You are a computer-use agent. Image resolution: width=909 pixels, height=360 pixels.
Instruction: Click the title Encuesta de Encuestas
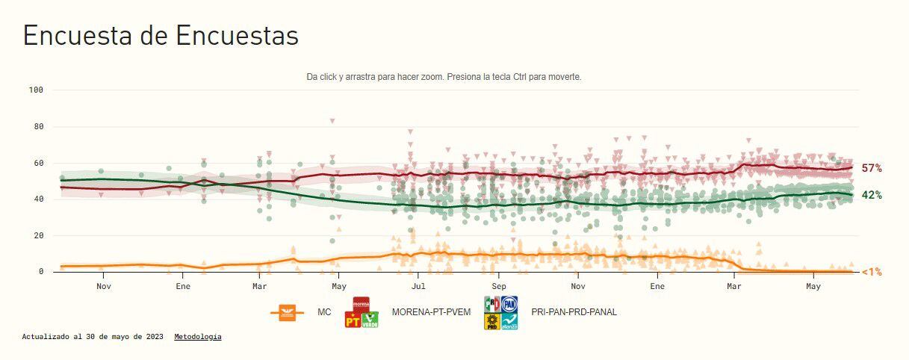tap(161, 36)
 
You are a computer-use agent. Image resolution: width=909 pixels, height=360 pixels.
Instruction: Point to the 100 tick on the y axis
tap(36, 90)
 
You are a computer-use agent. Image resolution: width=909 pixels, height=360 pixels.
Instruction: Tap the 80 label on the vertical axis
tap(38, 127)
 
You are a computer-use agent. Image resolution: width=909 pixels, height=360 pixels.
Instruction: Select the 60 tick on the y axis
tap(38, 163)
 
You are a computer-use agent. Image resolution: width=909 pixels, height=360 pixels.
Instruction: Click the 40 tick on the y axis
tap(38, 199)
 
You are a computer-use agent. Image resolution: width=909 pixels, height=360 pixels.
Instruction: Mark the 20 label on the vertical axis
tap(38, 235)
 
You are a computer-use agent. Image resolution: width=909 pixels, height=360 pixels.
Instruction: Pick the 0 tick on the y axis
tap(41, 272)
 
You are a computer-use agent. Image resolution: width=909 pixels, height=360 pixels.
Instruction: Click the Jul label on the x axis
tap(418, 286)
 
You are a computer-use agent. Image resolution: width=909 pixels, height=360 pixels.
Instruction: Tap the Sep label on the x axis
tap(498, 286)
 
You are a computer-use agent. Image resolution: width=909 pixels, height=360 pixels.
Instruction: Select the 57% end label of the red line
tap(872, 168)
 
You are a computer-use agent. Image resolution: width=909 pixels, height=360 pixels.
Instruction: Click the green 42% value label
tap(872, 195)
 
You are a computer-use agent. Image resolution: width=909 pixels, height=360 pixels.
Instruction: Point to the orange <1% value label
tap(872, 272)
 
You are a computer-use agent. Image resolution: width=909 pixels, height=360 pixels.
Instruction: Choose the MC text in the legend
tap(324, 312)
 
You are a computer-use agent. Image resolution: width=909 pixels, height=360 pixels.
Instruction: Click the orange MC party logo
tap(287, 313)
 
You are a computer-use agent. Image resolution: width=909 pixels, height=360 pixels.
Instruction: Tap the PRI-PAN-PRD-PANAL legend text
tap(574, 312)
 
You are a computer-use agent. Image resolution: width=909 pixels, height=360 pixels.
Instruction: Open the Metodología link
tap(198, 337)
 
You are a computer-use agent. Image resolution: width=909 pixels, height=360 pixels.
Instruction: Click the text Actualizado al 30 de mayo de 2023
tap(93, 337)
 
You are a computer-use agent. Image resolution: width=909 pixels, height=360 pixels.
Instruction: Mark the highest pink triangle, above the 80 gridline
tap(332, 121)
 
